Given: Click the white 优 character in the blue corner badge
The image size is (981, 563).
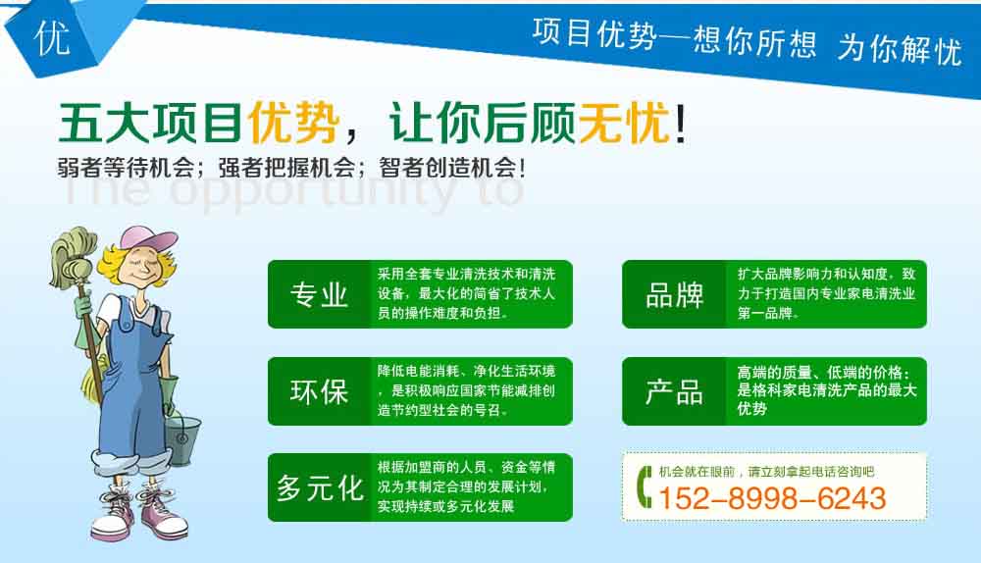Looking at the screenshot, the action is point(52,37).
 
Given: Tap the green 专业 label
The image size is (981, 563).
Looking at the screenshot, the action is point(319,294).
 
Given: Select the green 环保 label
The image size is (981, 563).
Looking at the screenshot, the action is point(319,391).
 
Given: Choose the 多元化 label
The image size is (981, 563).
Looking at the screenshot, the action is point(321,487).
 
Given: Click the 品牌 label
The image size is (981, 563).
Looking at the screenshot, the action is point(675,294).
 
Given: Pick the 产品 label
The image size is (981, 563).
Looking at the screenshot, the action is point(675,391).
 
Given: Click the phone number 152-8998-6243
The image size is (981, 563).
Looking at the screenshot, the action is point(772,498).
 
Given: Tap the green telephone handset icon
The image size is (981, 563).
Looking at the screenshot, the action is point(644,486).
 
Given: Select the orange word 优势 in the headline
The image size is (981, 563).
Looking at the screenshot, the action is point(293,122).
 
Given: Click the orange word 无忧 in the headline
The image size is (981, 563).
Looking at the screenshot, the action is point(624,122).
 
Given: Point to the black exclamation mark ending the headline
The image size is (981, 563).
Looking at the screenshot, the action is point(680,123).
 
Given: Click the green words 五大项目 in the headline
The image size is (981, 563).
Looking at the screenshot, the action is point(150,122).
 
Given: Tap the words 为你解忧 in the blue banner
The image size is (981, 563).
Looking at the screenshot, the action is point(900,48).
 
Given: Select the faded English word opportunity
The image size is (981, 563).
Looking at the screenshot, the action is point(312,191).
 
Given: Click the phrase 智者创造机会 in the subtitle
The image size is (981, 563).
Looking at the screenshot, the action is point(448,168).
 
